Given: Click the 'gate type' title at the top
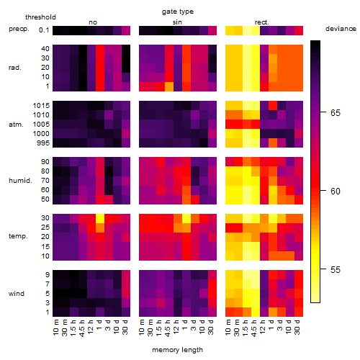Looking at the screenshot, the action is coord(178,12).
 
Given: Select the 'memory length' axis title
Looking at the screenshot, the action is coord(178,350).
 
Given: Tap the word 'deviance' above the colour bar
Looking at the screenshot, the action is coord(341,29).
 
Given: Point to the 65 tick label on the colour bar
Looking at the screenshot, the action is coord(336,112).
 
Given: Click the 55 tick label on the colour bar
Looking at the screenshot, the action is coord(336,270).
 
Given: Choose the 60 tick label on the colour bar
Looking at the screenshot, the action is coord(336,192).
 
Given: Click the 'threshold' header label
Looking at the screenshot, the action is coord(40,17).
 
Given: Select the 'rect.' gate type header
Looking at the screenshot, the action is coord(261,22).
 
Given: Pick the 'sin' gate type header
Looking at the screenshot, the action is coord(177,22).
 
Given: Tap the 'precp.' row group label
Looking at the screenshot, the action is coord(19,29).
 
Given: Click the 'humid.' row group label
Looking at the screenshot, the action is coord(20,181).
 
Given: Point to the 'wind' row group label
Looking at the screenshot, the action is coord(17,294).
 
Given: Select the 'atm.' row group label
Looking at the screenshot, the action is coord(16,125).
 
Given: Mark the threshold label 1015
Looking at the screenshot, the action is coord(41,106).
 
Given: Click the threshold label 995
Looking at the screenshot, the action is coord(43,143).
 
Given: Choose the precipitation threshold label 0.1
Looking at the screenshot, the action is coord(44,30).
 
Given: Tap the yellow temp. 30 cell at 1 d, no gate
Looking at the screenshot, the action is coord(100,218).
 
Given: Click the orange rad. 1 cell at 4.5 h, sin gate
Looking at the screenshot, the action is coord(169,86).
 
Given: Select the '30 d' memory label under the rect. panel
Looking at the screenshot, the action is coord(297,327).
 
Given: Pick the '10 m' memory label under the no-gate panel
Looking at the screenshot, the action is coord(55,327).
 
